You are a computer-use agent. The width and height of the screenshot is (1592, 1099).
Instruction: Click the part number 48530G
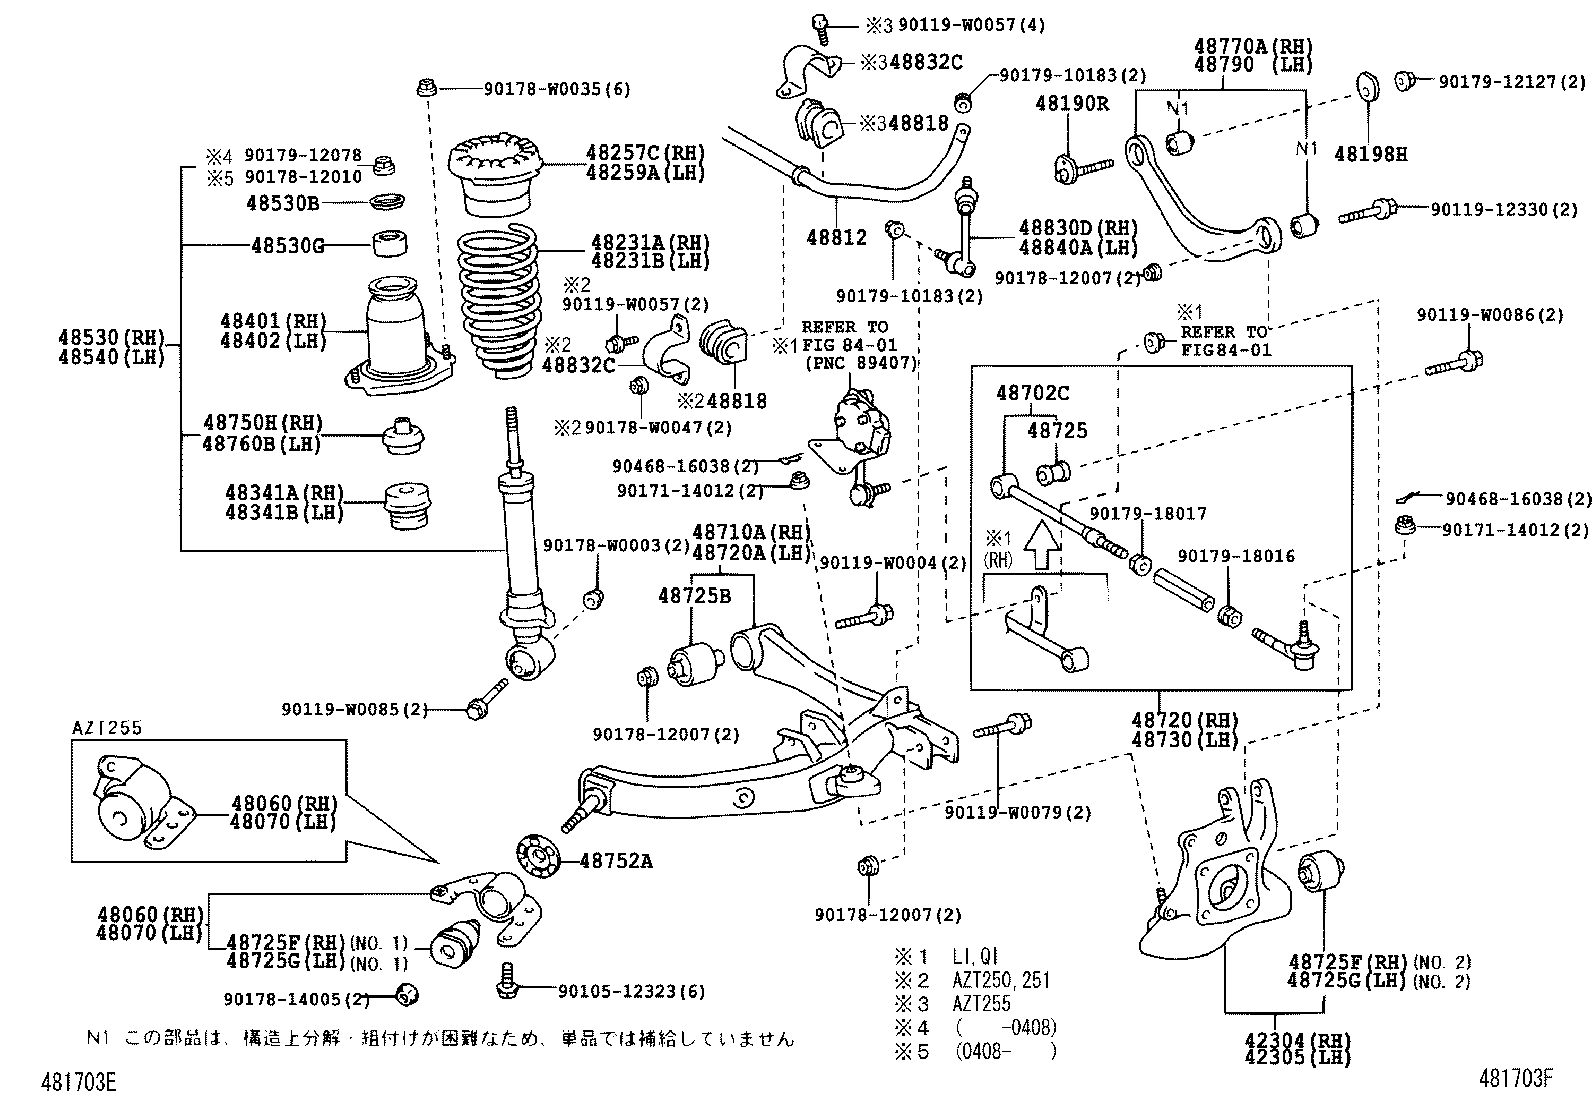286,245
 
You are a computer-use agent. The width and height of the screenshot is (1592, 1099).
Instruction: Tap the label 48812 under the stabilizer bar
836,237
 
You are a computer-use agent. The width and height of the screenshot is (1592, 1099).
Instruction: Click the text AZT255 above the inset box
106,728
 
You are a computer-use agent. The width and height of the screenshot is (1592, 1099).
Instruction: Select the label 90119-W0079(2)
1018,813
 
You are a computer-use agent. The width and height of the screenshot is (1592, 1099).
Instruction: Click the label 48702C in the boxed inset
1032,393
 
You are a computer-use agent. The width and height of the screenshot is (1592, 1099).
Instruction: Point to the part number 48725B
694,596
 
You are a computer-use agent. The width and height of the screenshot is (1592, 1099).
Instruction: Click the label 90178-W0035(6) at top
557,89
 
